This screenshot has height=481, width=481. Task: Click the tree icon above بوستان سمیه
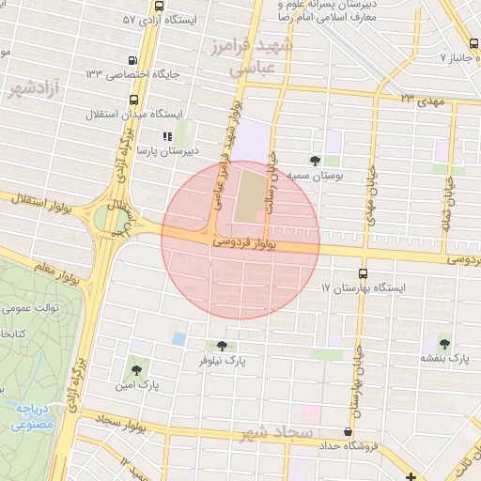[315, 161]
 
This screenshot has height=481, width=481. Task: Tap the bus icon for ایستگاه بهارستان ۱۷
[364, 273]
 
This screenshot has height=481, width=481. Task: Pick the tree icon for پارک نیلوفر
[222, 346]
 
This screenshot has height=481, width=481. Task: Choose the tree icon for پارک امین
[138, 370]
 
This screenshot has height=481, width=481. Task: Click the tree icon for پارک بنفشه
[444, 344]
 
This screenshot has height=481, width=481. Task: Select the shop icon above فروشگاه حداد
[349, 432]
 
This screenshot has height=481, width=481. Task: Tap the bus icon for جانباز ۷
[470, 44]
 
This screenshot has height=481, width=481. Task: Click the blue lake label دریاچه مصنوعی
[35, 417]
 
